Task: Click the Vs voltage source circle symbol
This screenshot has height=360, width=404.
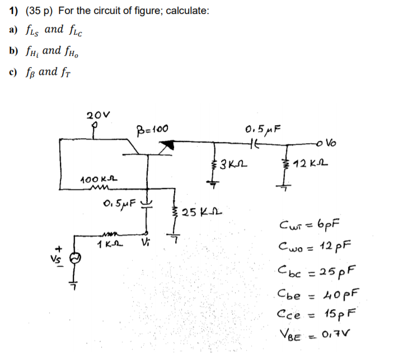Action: [x=75, y=258]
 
